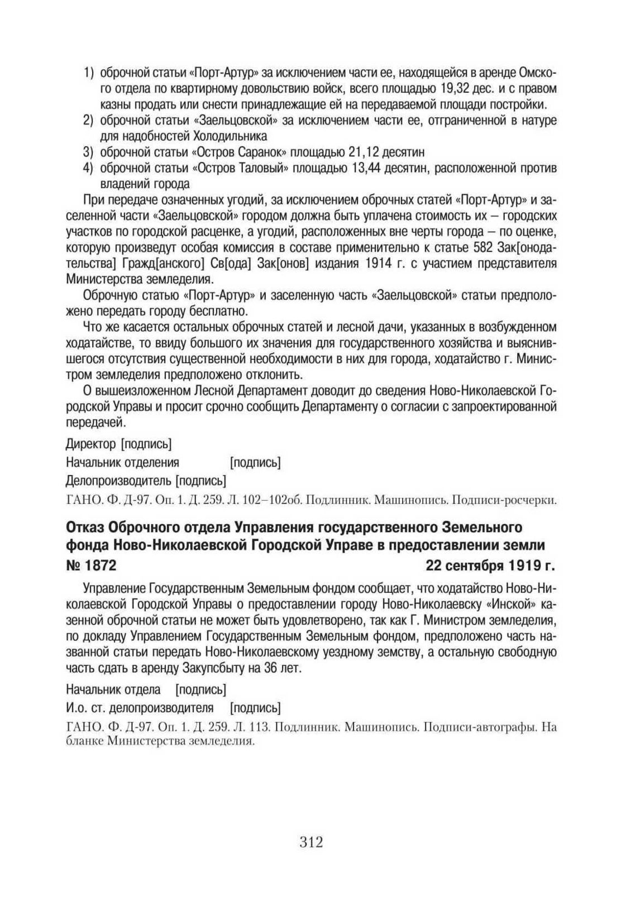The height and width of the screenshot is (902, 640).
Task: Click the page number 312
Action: (x=311, y=842)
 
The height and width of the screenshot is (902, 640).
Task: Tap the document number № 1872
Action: (x=91, y=565)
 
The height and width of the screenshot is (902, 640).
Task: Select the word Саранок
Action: (x=259, y=152)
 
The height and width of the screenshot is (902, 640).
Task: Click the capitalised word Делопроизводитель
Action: (x=118, y=480)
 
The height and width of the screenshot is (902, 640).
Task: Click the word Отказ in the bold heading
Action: (x=85, y=527)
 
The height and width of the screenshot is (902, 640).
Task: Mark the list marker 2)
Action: (x=88, y=121)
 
